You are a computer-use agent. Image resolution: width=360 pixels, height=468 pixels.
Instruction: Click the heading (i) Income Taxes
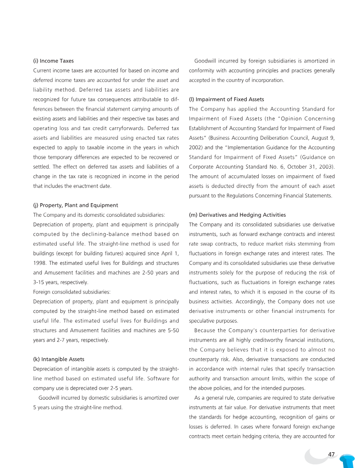[54, 61]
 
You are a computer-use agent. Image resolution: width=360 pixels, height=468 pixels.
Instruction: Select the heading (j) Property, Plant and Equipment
[76, 205]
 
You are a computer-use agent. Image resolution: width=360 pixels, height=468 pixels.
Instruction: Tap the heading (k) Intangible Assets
[59, 359]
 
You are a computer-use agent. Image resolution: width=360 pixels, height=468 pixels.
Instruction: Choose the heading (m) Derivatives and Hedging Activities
[237, 215]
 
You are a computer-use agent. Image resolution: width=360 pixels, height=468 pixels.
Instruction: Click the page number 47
[332, 455]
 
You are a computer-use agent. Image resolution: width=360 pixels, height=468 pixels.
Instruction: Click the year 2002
[196, 147]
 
